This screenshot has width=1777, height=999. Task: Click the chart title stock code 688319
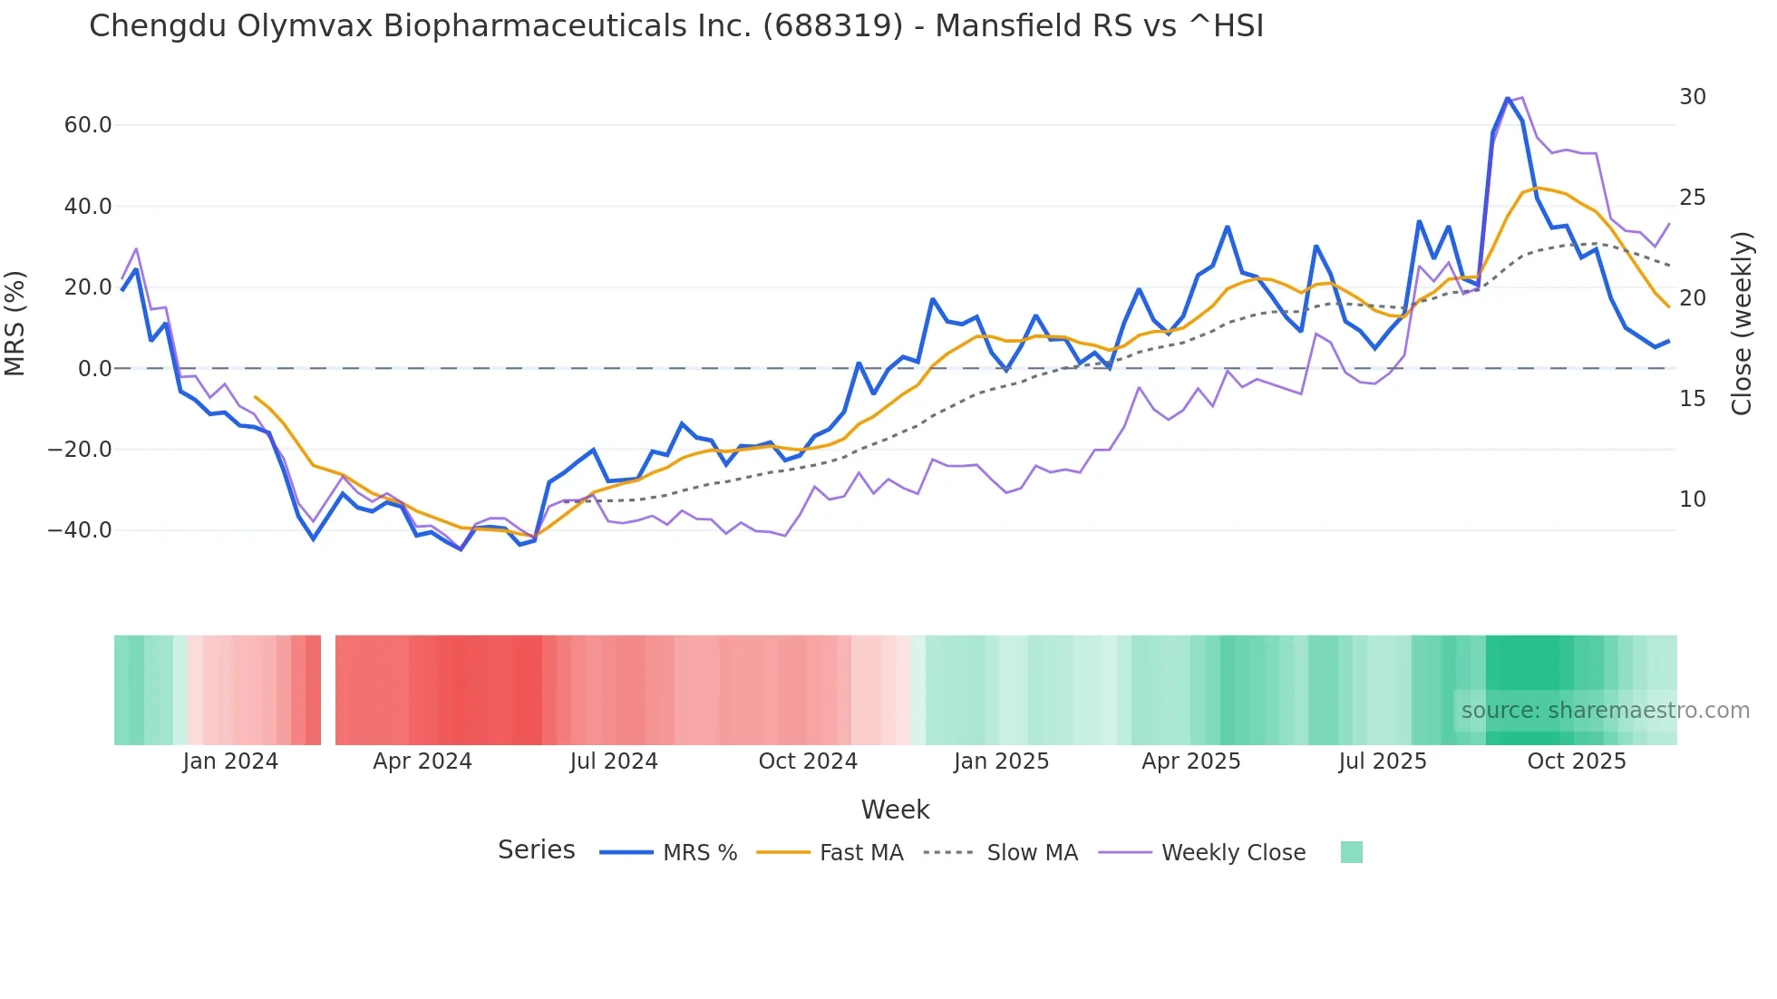pos(832,26)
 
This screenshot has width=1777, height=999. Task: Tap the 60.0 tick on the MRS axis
pos(88,125)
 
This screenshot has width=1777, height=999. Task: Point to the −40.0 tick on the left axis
pos(80,530)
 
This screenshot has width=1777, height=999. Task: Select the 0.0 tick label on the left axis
pos(94,369)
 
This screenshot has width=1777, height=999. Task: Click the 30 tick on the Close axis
pos(1692,97)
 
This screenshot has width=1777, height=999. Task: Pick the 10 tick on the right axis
pos(1692,499)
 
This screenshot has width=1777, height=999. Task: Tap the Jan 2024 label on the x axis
pos(230,761)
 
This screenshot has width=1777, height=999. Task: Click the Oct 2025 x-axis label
pos(1577,761)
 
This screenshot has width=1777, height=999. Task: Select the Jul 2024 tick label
pos(614,761)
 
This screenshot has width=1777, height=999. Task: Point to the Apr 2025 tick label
pos(1190,761)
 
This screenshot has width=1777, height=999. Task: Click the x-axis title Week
pos(895,810)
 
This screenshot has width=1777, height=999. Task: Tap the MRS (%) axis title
pos(15,324)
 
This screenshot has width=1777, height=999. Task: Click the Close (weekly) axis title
pos(1742,324)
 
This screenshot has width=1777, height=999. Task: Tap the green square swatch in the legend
pos(1351,852)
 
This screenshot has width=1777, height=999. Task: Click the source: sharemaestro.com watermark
pos(1605,711)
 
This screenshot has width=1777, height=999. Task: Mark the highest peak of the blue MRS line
pos(1508,98)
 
